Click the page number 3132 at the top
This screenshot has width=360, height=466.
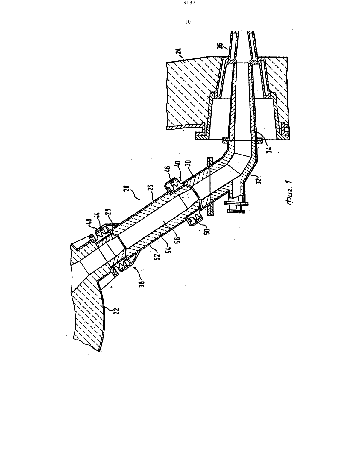tap(189, 3)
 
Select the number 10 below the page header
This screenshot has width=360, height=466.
tap(188, 22)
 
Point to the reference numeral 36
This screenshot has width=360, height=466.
tap(220, 46)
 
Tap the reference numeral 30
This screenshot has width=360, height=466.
tap(189, 164)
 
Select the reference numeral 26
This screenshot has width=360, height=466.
tap(151, 188)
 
